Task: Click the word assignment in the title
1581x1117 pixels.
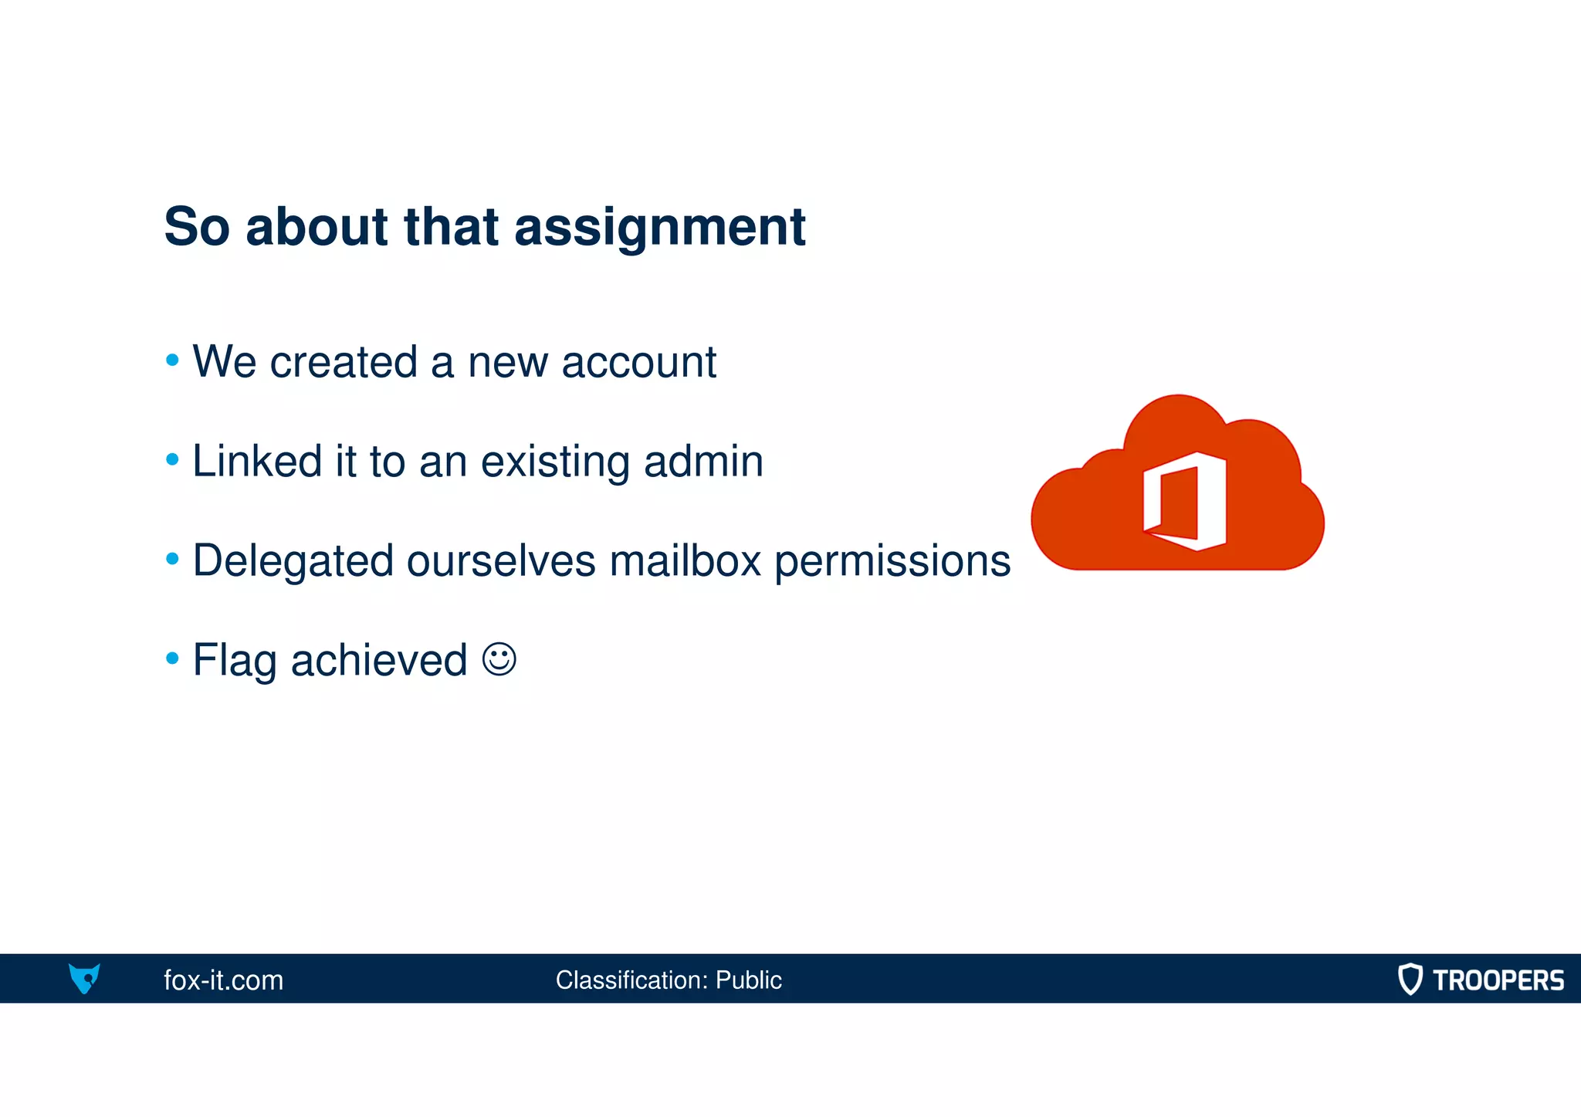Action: pyautogui.click(x=659, y=228)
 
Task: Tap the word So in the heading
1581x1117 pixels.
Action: pyautogui.click(x=197, y=227)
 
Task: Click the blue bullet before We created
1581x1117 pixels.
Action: pyautogui.click(x=172, y=360)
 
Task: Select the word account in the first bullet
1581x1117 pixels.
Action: pyautogui.click(x=638, y=362)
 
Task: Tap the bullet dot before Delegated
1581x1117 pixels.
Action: pyautogui.click(x=172, y=558)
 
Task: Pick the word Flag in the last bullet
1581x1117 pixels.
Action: pyautogui.click(x=234, y=661)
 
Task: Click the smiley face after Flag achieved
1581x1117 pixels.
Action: pyautogui.click(x=499, y=659)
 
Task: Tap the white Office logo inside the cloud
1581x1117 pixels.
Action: pyautogui.click(x=1184, y=501)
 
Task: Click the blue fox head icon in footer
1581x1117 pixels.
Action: pyautogui.click(x=84, y=978)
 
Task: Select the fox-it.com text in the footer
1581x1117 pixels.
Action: pyautogui.click(x=223, y=980)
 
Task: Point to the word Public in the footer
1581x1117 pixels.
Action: pyautogui.click(x=748, y=980)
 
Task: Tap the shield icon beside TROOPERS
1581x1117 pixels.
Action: pyautogui.click(x=1410, y=979)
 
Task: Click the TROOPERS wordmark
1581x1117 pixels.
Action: pyautogui.click(x=1498, y=980)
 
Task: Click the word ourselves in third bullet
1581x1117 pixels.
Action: pyautogui.click(x=501, y=560)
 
